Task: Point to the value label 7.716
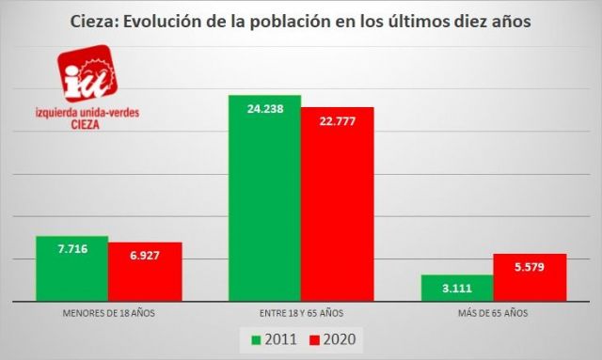pyautogui.click(x=71, y=250)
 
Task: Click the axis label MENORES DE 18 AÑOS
pyautogui.click(x=107, y=311)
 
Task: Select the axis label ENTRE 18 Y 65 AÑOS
pyautogui.click(x=300, y=311)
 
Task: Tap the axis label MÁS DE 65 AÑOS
pyautogui.click(x=494, y=311)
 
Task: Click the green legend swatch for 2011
pyautogui.click(x=256, y=337)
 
